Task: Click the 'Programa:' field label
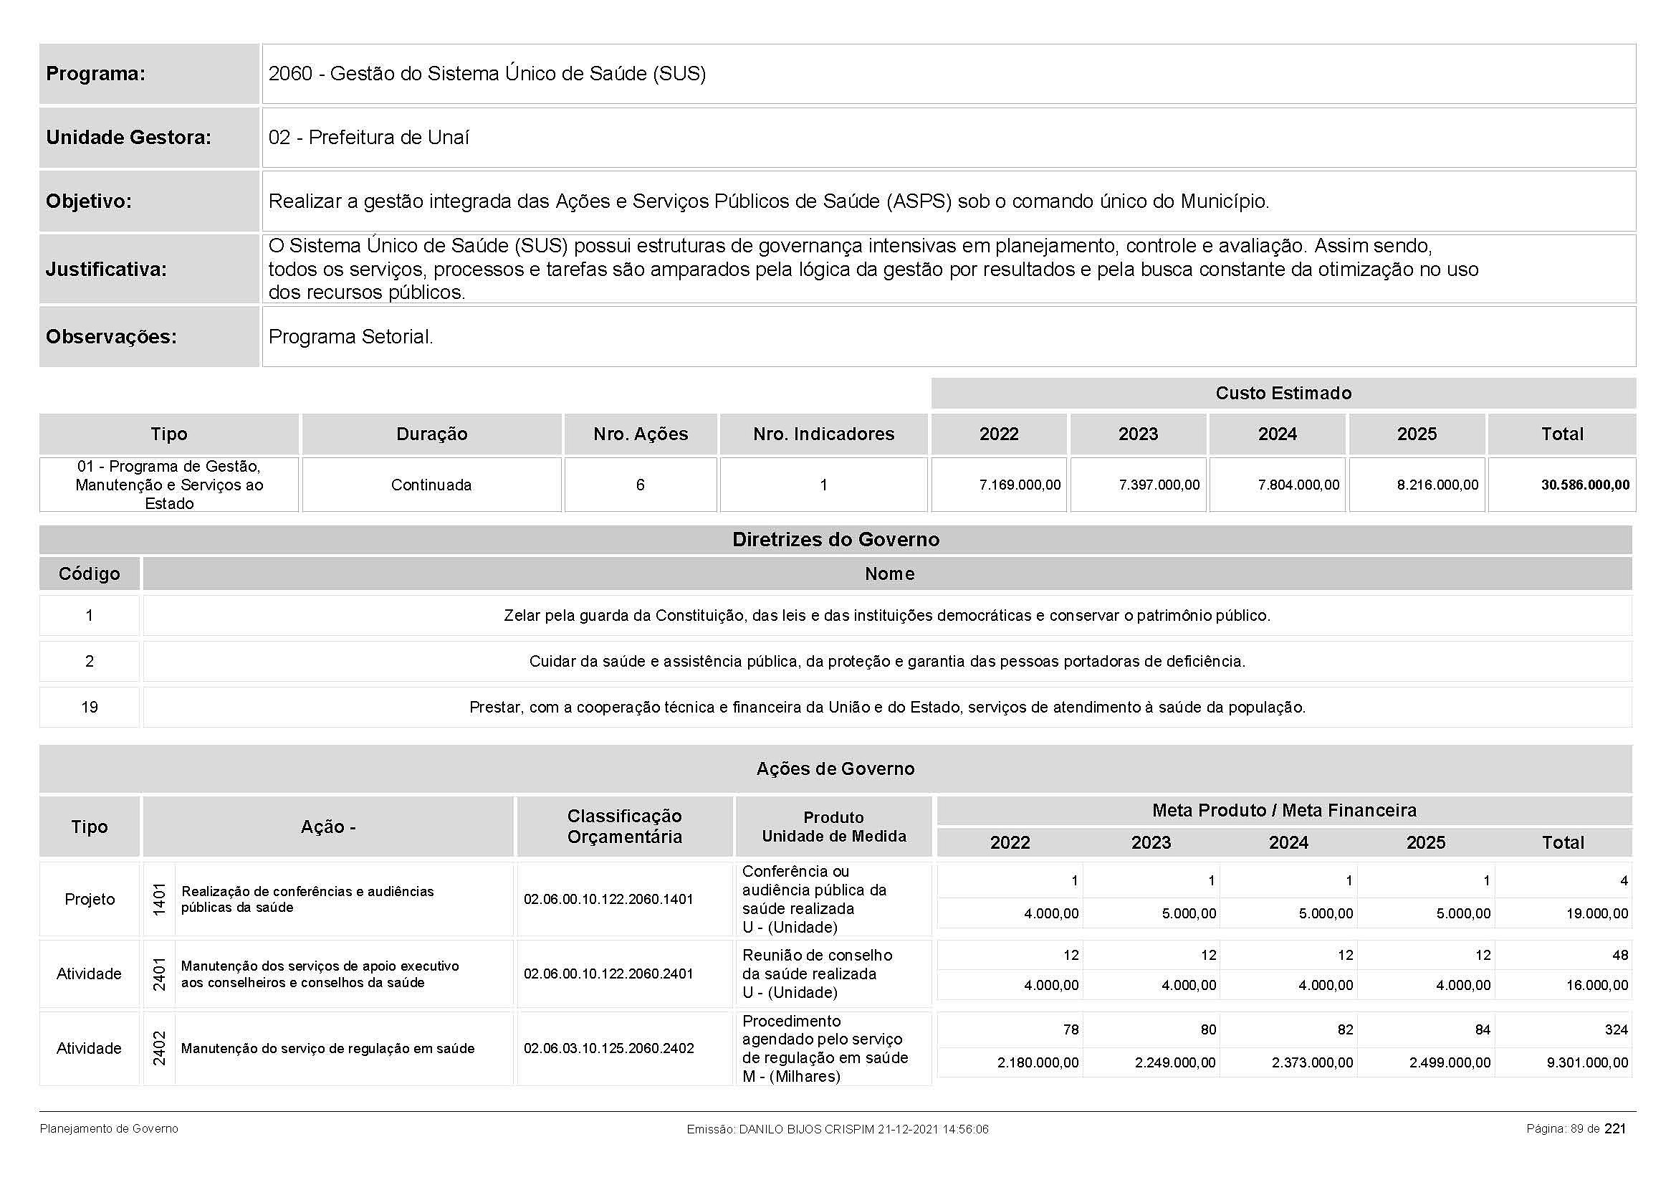[95, 74]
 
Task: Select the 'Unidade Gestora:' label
[128, 137]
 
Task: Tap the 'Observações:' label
[111, 337]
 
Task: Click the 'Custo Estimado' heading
[1283, 393]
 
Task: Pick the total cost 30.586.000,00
[1585, 485]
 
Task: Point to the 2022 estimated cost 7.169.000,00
[1020, 485]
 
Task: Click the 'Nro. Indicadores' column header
[823, 434]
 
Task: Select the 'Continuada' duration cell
[431, 485]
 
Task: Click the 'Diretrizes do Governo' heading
[835, 540]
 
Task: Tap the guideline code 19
[89, 707]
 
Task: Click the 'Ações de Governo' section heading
[835, 768]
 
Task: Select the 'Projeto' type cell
[89, 899]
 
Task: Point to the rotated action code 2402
[159, 1048]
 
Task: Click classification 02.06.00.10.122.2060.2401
[608, 974]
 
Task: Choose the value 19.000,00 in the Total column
[1596, 913]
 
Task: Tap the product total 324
[1615, 1029]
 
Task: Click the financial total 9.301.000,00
[1587, 1062]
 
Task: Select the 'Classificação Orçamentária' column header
[624, 826]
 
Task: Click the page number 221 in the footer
[1614, 1129]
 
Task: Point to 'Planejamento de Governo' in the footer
[109, 1129]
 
